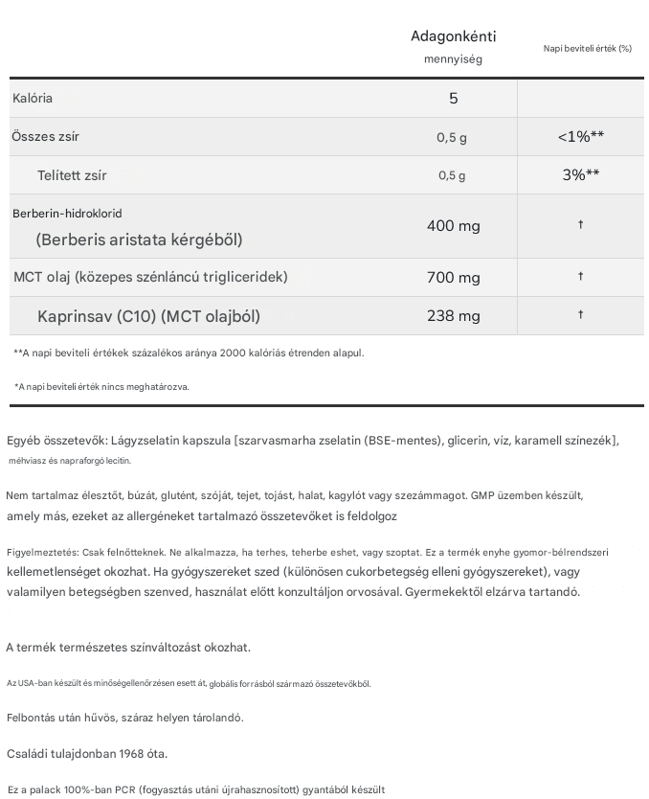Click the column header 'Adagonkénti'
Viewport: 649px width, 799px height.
[453, 37]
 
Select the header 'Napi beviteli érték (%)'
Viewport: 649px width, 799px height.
[587, 48]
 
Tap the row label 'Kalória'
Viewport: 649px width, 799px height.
[33, 98]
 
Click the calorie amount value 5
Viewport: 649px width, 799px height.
[453, 98]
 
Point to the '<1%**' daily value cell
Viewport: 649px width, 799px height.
[580, 137]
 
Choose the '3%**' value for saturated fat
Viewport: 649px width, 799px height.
[580, 174]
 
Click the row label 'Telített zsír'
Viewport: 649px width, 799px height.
[72, 175]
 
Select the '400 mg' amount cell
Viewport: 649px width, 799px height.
[453, 226]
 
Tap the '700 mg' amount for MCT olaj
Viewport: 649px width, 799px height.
[453, 278]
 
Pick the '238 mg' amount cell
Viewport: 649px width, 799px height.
[453, 315]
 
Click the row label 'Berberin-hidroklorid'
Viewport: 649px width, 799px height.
[67, 213]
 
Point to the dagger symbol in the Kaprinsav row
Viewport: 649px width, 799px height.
[580, 314]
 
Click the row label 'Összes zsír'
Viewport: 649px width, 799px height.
[45, 137]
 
